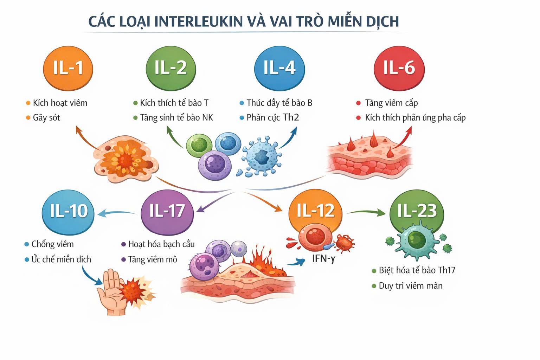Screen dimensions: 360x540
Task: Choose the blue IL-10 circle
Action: [x=68, y=212]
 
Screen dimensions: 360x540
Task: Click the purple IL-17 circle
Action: [x=167, y=212]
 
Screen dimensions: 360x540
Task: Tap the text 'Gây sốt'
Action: [x=46, y=118]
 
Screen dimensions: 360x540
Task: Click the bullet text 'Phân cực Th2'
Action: [x=272, y=118]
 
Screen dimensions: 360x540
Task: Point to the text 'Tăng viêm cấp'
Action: [x=391, y=103]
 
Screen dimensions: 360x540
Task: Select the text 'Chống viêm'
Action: [x=52, y=244]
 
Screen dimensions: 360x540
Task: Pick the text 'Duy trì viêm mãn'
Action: [x=410, y=286]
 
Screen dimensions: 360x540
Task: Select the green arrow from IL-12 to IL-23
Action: [x=366, y=212]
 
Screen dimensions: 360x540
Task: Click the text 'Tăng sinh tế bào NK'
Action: [x=176, y=118]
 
